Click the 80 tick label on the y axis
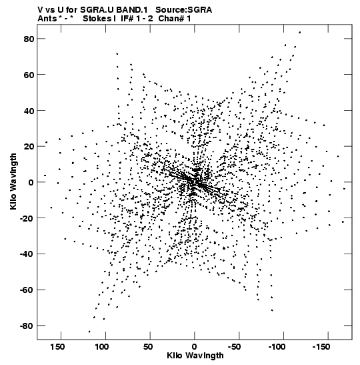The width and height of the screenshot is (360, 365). pyautogui.click(x=29, y=39)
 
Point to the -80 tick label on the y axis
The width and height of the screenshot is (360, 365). pyautogui.click(x=27, y=326)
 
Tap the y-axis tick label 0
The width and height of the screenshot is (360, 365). pyautogui.click(x=31, y=182)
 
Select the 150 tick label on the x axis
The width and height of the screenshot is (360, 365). pyautogui.click(x=57, y=347)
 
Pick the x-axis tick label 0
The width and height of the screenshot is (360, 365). pyautogui.click(x=195, y=347)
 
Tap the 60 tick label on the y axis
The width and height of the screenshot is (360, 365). pyautogui.click(x=29, y=75)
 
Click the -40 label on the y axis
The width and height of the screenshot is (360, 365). pyautogui.click(x=27, y=254)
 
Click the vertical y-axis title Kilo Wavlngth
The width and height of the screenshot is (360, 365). pyautogui.click(x=13, y=181)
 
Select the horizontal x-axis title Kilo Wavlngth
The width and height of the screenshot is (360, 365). pyautogui.click(x=195, y=356)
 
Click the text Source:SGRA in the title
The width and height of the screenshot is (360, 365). pyautogui.click(x=184, y=10)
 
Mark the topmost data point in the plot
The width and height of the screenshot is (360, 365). pyautogui.click(x=300, y=32)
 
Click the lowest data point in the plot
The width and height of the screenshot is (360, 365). pyautogui.click(x=89, y=332)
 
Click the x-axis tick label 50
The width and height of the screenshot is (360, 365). pyautogui.click(x=148, y=347)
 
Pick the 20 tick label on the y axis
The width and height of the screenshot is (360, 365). pyautogui.click(x=29, y=146)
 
